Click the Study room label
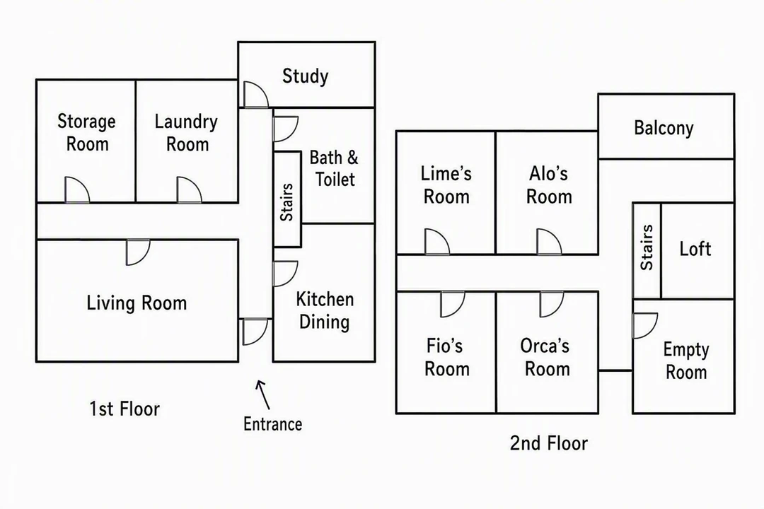click(305, 76)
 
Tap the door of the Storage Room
click(77, 190)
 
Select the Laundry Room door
click(189, 190)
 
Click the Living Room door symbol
click(138, 252)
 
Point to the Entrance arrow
click(263, 394)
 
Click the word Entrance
click(272, 423)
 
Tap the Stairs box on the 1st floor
click(287, 199)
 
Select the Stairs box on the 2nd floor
click(647, 250)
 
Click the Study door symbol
click(256, 94)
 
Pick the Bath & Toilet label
click(334, 168)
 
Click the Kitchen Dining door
click(286, 274)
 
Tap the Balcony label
click(664, 128)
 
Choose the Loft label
click(695, 249)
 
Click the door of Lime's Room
click(437, 242)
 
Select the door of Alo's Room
click(549, 242)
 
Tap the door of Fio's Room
click(453, 304)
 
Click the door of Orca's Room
click(552, 304)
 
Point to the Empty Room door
click(645, 325)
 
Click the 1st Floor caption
click(125, 409)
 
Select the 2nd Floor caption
click(549, 443)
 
